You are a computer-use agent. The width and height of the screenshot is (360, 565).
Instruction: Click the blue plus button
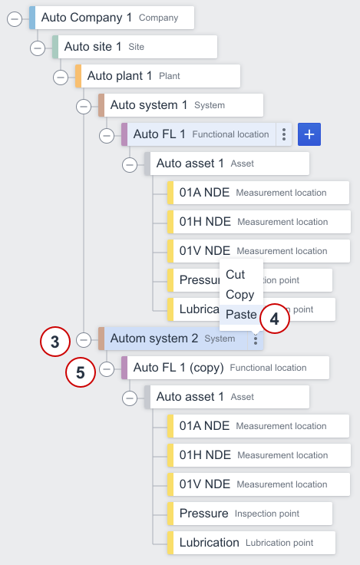click(309, 134)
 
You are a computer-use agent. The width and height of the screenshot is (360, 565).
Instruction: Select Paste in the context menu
click(241, 314)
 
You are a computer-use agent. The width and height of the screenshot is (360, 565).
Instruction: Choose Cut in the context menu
click(235, 274)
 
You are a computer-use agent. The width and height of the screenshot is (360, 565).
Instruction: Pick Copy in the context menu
click(239, 294)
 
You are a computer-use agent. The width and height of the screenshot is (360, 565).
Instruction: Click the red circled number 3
click(55, 342)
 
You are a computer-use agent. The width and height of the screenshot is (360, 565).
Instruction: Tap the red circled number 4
click(274, 319)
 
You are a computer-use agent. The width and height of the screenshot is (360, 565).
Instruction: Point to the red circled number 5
click(81, 372)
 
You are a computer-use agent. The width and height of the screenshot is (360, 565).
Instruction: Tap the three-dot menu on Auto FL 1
click(284, 134)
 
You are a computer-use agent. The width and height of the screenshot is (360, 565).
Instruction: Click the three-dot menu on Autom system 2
click(256, 339)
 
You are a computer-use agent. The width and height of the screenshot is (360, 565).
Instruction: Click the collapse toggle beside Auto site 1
click(38, 48)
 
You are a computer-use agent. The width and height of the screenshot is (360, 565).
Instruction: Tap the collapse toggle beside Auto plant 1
click(61, 78)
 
